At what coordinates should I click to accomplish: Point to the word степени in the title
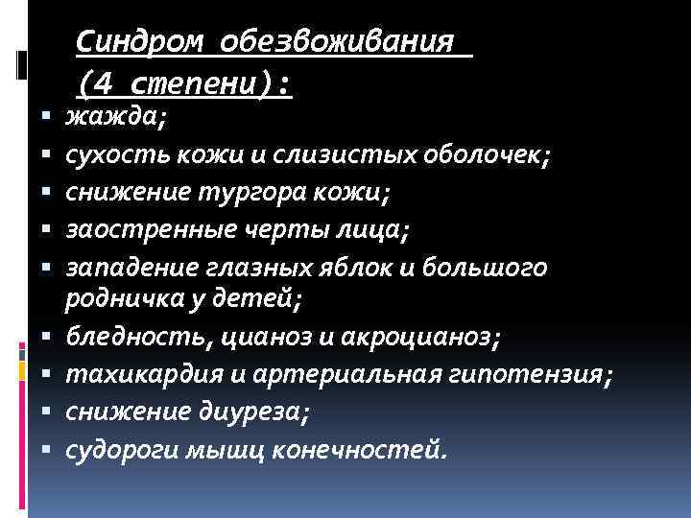click(203, 84)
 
